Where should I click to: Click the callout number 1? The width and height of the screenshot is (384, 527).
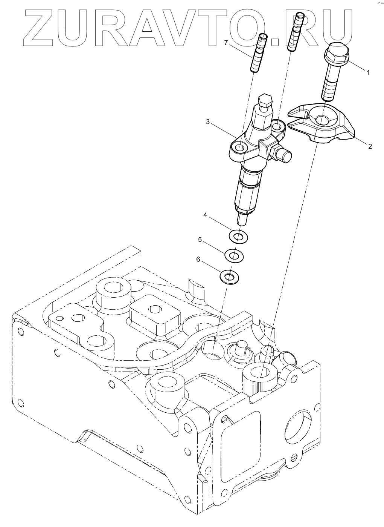369,72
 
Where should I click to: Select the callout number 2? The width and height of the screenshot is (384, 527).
370,146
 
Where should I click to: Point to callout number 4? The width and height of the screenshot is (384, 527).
205,215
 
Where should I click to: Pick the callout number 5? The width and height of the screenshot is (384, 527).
200,239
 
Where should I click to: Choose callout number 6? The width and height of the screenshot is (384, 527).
198,260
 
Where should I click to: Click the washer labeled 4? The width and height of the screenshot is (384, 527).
237,237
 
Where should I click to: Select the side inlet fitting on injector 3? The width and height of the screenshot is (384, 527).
284,155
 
